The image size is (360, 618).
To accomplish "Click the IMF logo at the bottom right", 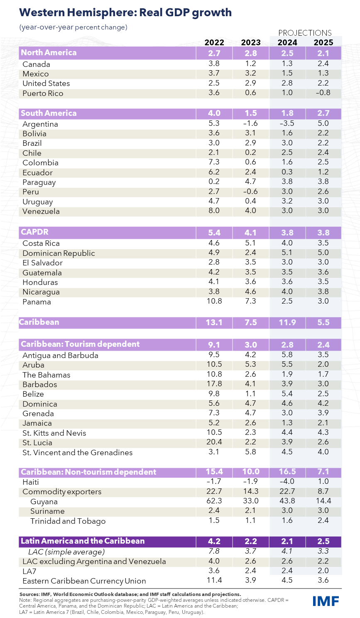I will pos(326,601).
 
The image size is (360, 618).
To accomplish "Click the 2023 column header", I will pos(251,42).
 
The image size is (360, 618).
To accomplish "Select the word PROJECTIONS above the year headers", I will pos(305,33).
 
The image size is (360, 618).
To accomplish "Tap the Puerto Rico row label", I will pos(43,93).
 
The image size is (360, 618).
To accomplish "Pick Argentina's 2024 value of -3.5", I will pos(287,123).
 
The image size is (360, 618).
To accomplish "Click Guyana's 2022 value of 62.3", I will pos(214,501).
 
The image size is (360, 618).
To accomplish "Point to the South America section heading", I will pos(49,113).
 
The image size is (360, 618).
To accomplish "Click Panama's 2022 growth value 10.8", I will pos(214,301).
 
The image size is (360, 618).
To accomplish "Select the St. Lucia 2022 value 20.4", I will pos(214,442).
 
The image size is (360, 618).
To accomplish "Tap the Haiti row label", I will pos(31,482).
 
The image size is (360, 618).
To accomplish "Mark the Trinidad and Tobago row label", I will pos(68,521).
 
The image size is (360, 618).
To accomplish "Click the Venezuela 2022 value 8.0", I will pos(214,211).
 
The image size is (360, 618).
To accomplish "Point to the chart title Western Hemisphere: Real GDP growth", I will pos(125,12).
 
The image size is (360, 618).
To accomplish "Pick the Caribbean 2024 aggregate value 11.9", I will pos(287,322).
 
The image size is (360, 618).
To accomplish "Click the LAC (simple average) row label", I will pos(66,552).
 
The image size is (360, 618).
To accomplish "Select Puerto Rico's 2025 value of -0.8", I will pos(323,93).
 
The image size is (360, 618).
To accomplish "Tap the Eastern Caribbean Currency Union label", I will pos(84,581).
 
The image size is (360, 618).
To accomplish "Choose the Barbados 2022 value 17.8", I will pos(214,384).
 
